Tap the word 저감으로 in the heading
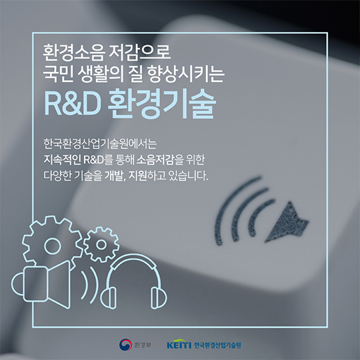click(140, 53)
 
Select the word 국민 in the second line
click(58, 74)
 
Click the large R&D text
click(72, 104)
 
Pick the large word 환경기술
click(162, 103)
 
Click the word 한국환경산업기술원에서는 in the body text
click(100, 143)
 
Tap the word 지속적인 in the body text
click(62, 159)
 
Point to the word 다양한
click(57, 175)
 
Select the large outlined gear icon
click(53, 244)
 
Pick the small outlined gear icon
click(101, 245)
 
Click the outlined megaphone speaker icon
click(41, 284)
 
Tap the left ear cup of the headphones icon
click(109, 297)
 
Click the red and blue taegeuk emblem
click(125, 345)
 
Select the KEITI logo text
click(179, 345)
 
